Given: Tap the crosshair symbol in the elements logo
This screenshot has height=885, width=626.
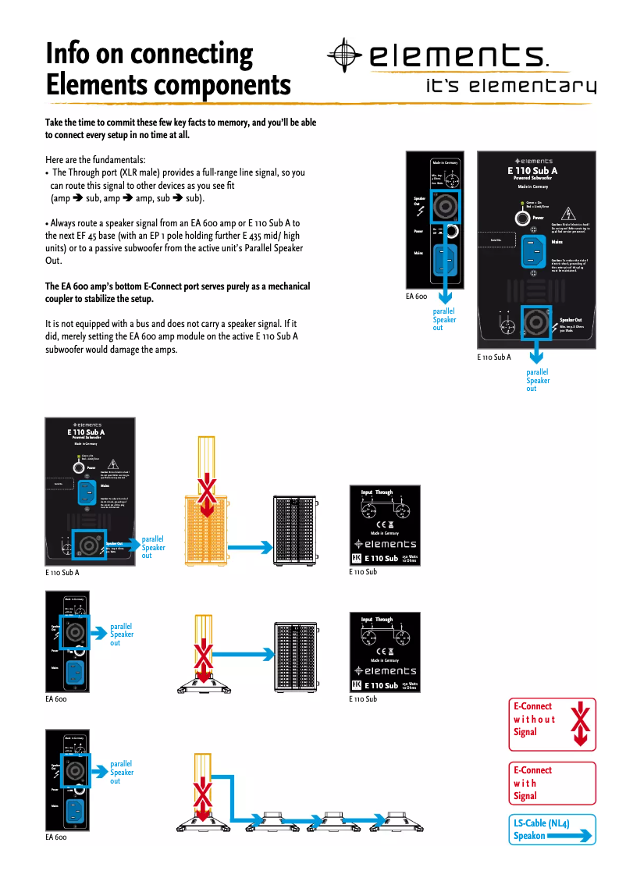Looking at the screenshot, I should (344, 54).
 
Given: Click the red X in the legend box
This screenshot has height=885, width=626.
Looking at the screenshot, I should (579, 723).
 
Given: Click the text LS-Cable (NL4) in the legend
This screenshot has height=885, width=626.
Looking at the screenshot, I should (541, 823).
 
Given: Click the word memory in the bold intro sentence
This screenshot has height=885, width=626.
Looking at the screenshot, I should (229, 123).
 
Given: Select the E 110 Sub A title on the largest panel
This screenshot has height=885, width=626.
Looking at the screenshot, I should (532, 170).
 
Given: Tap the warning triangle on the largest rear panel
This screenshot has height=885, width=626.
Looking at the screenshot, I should (568, 213).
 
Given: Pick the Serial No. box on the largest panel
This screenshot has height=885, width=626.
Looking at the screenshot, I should (496, 240).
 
